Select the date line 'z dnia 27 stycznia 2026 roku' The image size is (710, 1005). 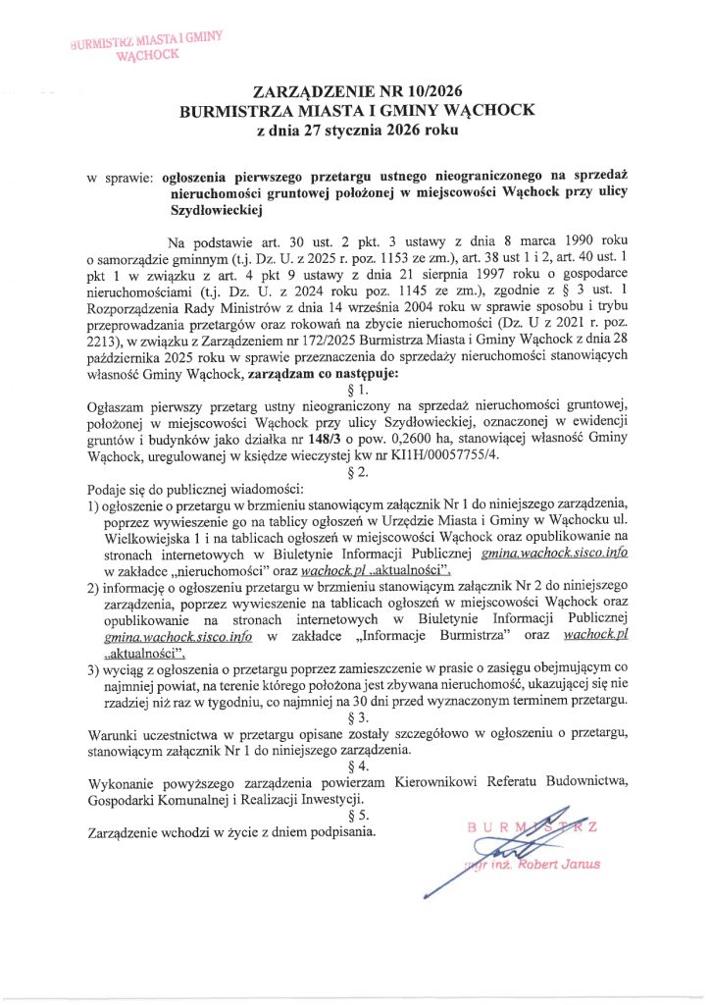coord(356,129)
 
